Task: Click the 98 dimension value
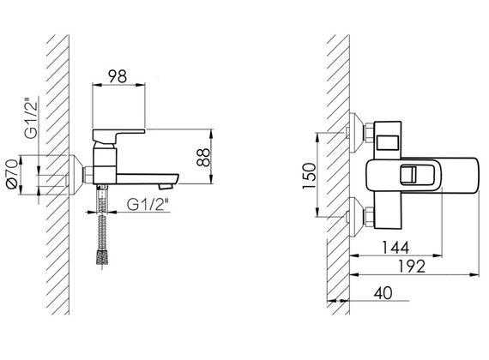pos(118,76)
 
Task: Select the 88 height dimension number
pos(203,158)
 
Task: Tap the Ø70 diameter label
pos(13,174)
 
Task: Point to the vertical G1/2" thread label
pos(31,118)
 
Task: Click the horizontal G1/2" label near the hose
pos(148,204)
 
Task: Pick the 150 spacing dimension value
pos(309,176)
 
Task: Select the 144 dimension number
pos(395,248)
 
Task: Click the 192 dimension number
pos(412,267)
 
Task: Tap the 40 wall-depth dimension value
pos(383,293)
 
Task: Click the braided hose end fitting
pos(102,258)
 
